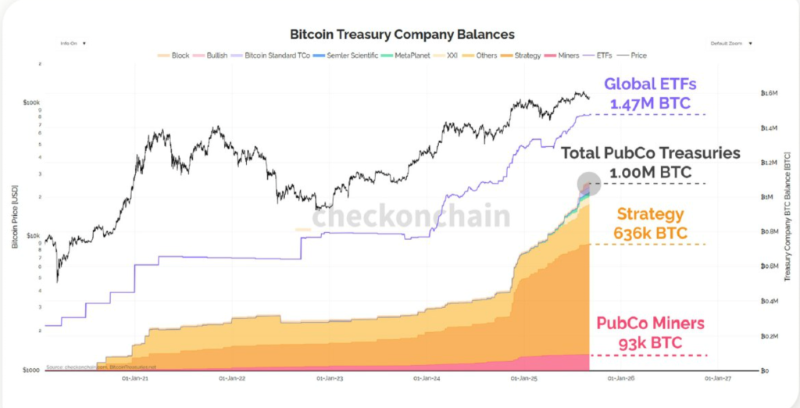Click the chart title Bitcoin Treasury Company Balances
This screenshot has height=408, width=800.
(402, 34)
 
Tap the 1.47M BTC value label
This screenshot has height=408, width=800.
(660, 102)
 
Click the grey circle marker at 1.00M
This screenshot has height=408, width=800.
(587, 184)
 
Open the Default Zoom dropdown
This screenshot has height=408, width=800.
(731, 44)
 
